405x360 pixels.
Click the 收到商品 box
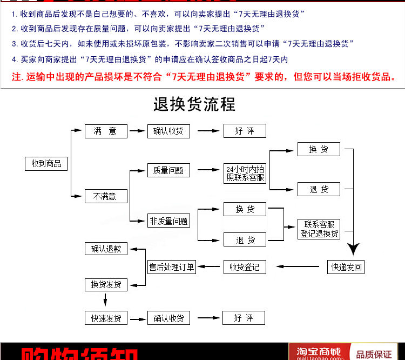tap(46, 163)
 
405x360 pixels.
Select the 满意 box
tap(106, 131)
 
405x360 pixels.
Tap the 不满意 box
tap(106, 196)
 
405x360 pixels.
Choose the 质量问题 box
tap(168, 170)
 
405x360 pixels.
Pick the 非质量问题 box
tap(168, 221)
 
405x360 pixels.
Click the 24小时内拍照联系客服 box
tap(245, 174)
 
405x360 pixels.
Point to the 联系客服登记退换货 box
tap(319, 229)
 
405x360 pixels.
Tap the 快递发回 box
tap(346, 266)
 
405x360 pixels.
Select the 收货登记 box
tap(245, 266)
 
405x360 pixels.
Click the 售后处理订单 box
tap(171, 266)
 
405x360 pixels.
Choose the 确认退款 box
tap(106, 249)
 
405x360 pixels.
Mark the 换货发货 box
tap(106, 284)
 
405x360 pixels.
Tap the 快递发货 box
tap(106, 318)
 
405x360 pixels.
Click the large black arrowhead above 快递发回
tap(353, 250)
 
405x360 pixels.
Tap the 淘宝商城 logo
tap(316, 351)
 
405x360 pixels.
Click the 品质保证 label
tap(374, 354)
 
